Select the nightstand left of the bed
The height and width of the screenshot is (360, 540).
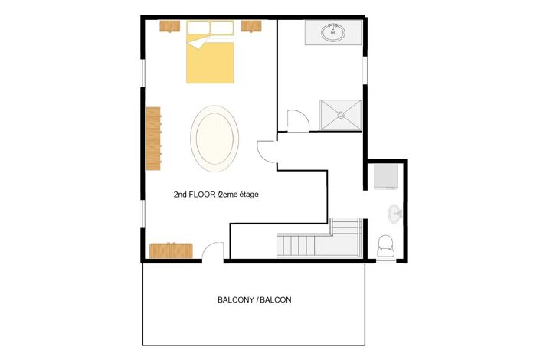click(x=169, y=26)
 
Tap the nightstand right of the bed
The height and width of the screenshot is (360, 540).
click(x=252, y=26)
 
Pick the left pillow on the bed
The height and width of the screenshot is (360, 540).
click(x=198, y=28)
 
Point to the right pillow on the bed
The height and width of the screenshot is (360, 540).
click(x=222, y=28)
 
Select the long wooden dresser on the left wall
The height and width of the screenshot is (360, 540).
click(x=154, y=139)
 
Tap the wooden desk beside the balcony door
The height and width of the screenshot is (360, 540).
click(x=171, y=250)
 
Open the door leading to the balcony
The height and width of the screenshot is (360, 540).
click(x=214, y=252)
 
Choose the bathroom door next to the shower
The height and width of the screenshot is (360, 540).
click(x=296, y=120)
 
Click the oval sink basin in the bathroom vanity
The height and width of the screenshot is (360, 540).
click(x=333, y=33)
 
